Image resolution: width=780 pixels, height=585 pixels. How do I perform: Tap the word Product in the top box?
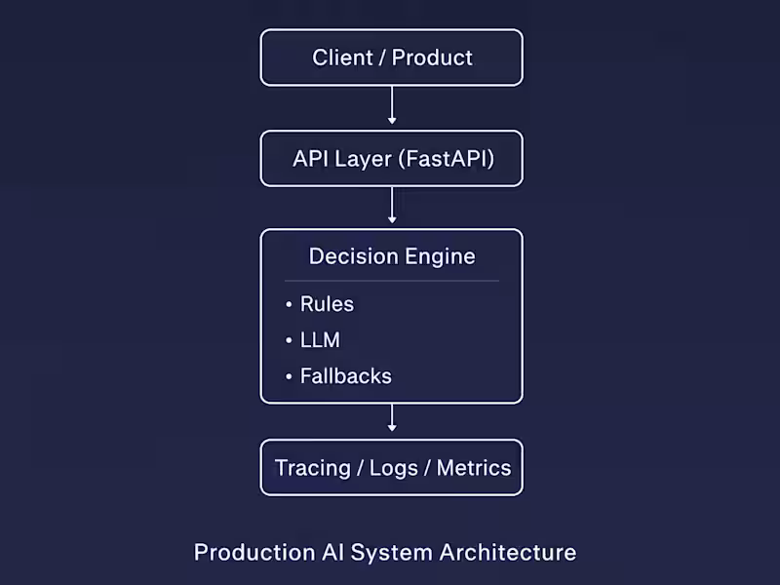432,58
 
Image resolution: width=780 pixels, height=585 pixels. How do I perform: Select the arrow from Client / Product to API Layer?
392,105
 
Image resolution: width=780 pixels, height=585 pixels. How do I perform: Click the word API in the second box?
311,158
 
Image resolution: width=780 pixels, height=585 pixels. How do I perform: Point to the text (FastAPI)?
446,158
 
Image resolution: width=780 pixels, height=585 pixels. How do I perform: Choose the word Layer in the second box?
363,158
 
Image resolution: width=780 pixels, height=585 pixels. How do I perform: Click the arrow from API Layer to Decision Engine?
392,206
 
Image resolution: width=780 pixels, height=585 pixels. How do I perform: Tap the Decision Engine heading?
392,256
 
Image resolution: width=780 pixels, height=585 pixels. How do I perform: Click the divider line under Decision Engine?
392,281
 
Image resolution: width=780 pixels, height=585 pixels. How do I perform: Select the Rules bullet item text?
327,304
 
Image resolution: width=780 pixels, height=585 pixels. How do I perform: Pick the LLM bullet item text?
320,340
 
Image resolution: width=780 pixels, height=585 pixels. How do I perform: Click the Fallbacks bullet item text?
345,376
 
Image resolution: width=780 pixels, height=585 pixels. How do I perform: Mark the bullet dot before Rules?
289,305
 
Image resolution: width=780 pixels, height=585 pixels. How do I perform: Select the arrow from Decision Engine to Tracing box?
392,419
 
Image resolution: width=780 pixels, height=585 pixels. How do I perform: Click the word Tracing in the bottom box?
312,468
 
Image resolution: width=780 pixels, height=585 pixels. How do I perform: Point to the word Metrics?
474,468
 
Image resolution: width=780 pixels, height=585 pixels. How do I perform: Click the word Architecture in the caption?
507,553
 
